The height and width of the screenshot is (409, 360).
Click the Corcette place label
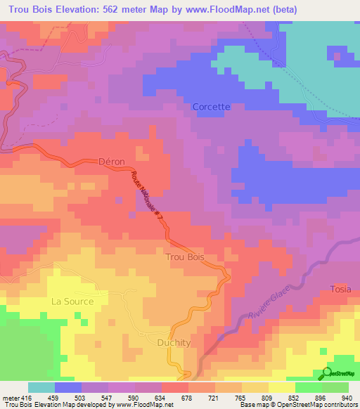(211, 107)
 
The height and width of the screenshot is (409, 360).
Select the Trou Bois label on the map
(185, 257)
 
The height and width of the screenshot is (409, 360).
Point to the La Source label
(72, 301)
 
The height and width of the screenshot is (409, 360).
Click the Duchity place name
(171, 342)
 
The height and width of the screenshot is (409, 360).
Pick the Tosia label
(340, 290)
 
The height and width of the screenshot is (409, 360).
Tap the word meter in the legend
(10, 397)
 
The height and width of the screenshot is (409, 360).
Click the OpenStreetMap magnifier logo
(328, 373)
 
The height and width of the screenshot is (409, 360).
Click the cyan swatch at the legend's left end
(41, 387)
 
